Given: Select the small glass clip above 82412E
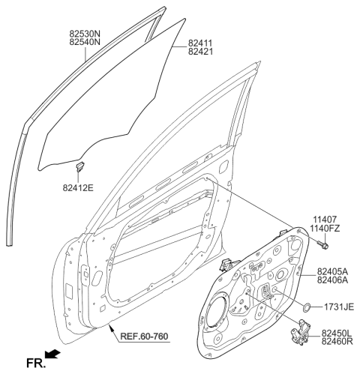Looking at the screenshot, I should [x=82, y=164].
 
